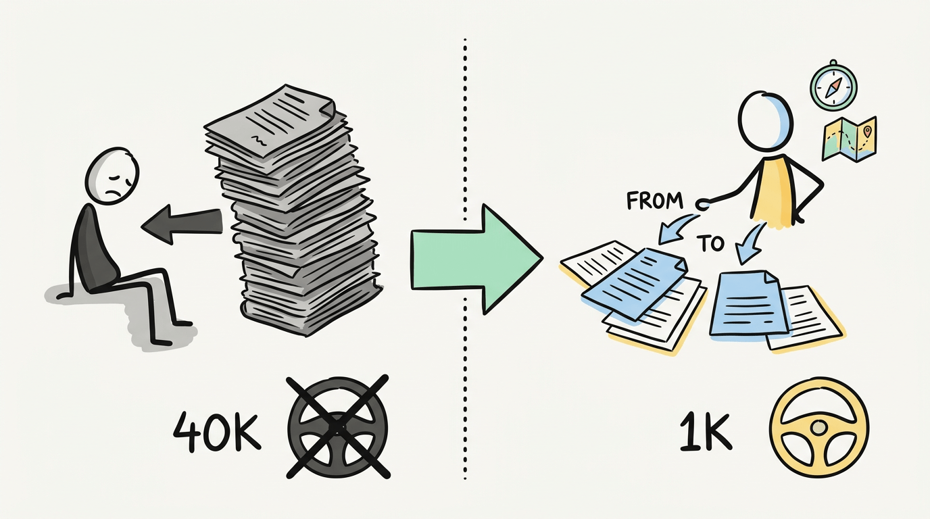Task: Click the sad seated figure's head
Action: (x=112, y=174)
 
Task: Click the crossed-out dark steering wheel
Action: (x=338, y=425)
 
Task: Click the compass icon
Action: (x=833, y=85)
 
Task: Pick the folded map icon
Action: (x=849, y=139)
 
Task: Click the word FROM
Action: (x=655, y=201)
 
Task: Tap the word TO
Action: (x=710, y=243)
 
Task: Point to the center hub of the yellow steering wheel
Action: (x=818, y=427)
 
